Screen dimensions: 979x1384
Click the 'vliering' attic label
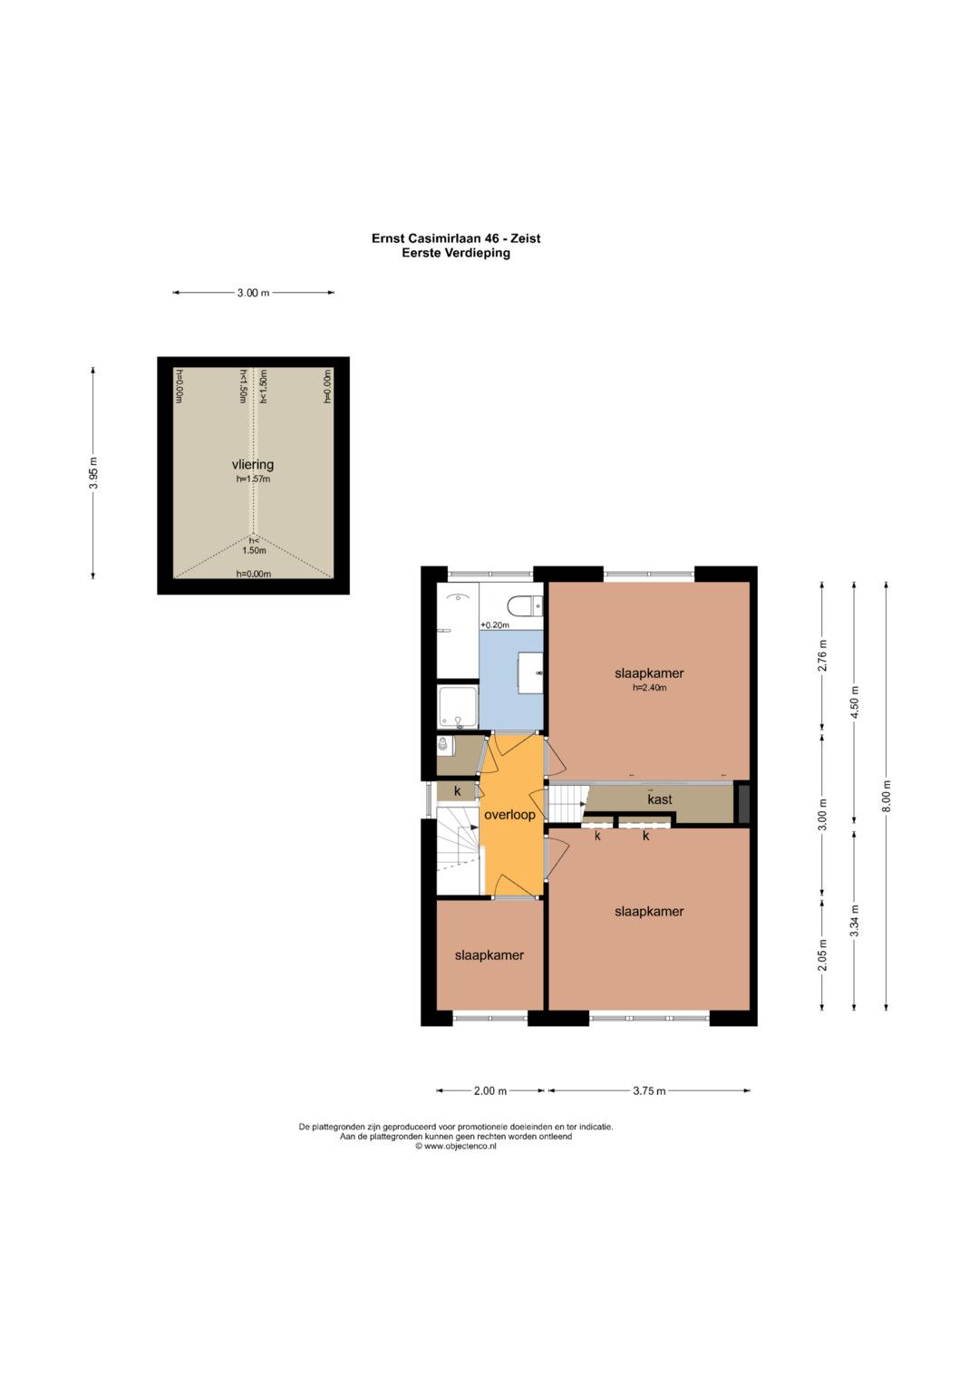pos(253,465)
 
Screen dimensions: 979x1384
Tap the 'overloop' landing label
pos(509,814)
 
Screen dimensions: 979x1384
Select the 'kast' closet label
pos(660,798)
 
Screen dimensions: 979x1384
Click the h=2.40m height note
pos(650,687)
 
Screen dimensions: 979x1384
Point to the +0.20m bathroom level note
pos(494,624)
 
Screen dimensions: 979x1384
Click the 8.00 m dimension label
pos(887,797)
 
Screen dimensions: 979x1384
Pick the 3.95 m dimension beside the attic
pos(93,473)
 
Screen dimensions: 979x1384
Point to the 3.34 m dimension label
pos(855,921)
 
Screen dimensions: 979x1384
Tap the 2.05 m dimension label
pos(822,954)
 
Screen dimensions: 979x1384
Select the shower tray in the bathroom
pos(458,706)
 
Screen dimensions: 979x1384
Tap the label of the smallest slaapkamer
pos(489,954)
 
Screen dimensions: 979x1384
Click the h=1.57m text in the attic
pos(254,479)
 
